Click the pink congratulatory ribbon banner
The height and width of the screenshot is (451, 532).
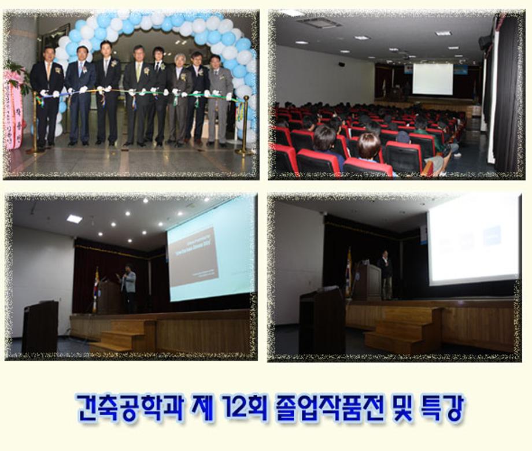coord(13,110)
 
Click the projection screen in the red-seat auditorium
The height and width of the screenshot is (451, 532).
coord(432,79)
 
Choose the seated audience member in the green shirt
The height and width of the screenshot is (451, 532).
coord(420,133)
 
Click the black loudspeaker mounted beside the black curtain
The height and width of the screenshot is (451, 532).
coord(485,42)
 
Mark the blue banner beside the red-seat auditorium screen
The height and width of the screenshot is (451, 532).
coord(460,69)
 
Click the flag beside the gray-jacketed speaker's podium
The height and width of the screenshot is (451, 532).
coord(96,289)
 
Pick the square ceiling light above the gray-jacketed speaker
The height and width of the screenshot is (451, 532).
coord(74,219)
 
